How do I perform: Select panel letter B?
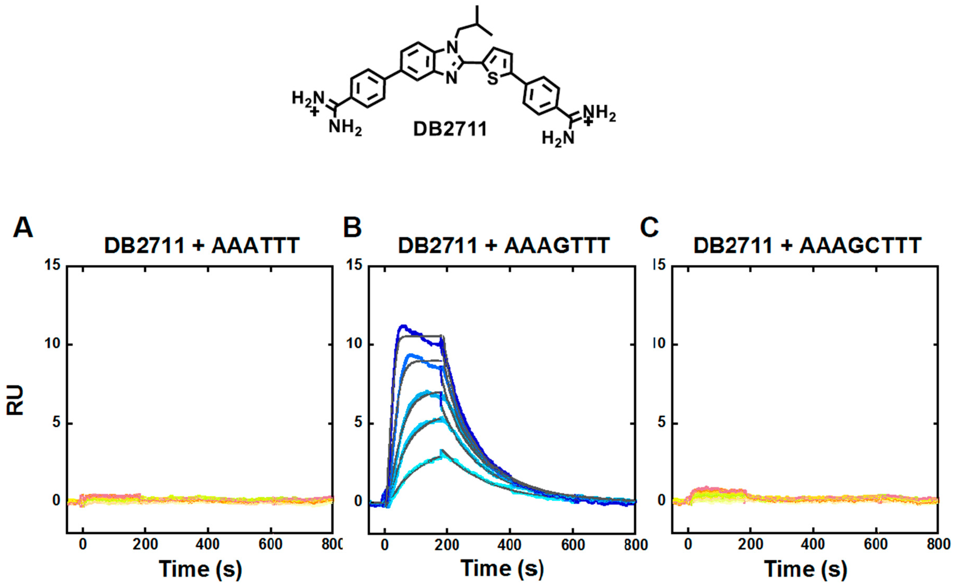coord(352,228)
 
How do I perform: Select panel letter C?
coord(649,228)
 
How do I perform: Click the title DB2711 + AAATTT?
coord(202,246)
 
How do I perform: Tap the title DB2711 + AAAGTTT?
coord(504,246)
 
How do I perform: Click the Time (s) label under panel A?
coord(200,569)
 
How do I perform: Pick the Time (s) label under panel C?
coord(806,569)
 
